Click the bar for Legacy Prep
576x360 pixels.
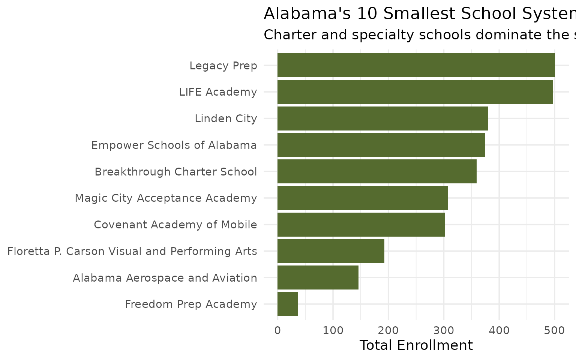click(x=416, y=65)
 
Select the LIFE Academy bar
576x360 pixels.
click(x=415, y=92)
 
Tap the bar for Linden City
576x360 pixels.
click(x=382, y=118)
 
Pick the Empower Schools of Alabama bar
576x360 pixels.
click(x=381, y=145)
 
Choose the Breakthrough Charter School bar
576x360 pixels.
click(x=377, y=171)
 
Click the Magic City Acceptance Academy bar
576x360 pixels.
click(x=362, y=198)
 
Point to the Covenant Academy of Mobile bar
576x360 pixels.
click(x=361, y=225)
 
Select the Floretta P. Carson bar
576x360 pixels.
click(x=331, y=251)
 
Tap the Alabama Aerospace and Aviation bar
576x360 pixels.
click(x=318, y=277)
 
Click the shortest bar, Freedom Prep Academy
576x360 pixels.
click(x=287, y=304)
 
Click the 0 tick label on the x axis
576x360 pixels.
click(x=277, y=330)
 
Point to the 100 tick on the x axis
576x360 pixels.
click(x=333, y=330)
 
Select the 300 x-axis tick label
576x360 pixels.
click(x=444, y=330)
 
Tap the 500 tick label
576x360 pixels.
click(x=555, y=330)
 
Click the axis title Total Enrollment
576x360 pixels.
click(x=416, y=345)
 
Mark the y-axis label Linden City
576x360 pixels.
click(x=226, y=119)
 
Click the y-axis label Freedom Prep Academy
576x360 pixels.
click(x=191, y=304)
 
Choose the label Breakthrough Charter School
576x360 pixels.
click(x=175, y=172)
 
